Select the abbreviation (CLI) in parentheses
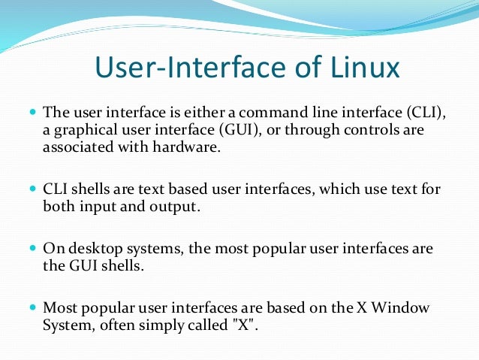coord(426,113)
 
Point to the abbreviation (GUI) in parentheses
coord(239,130)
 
